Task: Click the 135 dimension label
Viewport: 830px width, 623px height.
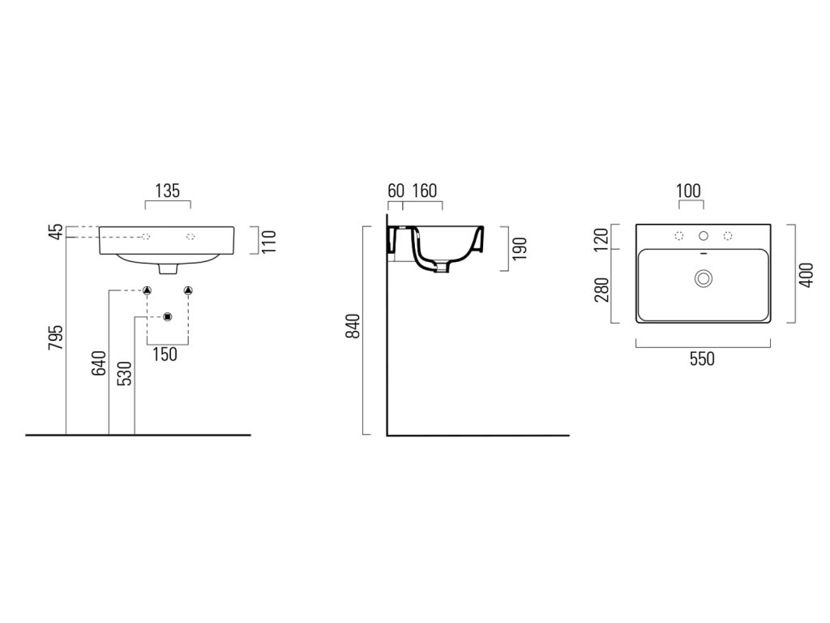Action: point(167,191)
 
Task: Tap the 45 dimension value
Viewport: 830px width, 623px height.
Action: point(55,232)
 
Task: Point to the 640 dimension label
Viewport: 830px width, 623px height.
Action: point(100,362)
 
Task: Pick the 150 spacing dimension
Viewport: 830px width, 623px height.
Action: point(166,354)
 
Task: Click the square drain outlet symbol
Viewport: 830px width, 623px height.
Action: point(168,316)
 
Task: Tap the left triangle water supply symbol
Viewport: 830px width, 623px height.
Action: point(148,290)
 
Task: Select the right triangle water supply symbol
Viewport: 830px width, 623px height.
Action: point(188,290)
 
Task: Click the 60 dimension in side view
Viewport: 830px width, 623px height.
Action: point(396,191)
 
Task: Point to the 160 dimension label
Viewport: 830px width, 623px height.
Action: point(424,191)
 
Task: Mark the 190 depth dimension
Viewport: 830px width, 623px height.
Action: point(520,247)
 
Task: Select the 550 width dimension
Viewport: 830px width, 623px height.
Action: point(702,359)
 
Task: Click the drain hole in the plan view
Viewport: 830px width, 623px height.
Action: point(703,278)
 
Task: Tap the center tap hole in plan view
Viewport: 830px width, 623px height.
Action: point(704,236)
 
